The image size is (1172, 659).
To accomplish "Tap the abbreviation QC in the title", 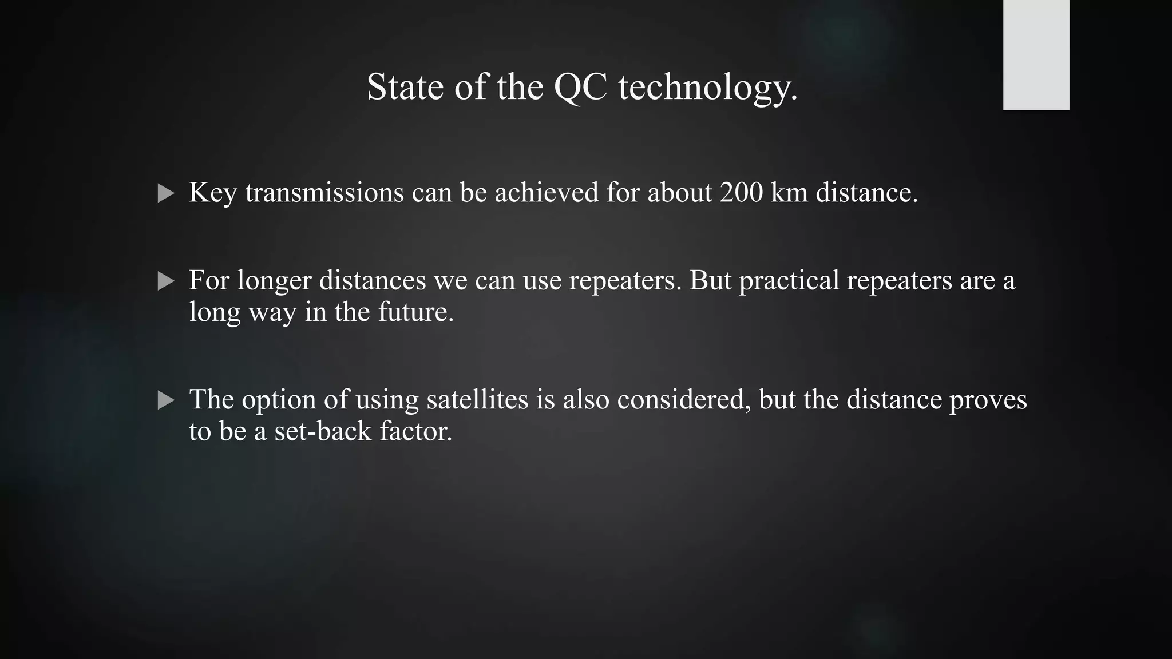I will [x=580, y=88].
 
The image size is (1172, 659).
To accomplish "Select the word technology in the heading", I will [x=707, y=89].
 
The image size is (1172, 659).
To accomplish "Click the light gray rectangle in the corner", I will [x=1036, y=55].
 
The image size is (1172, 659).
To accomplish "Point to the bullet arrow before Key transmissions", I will [x=165, y=193].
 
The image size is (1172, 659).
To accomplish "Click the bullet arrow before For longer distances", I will [x=165, y=281].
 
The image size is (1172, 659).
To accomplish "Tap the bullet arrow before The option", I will [x=165, y=400].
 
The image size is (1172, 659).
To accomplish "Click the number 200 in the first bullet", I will [x=741, y=192].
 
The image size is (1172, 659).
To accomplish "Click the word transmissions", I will [x=324, y=192].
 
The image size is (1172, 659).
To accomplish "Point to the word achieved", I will [x=547, y=192].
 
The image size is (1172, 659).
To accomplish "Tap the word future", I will [x=415, y=312].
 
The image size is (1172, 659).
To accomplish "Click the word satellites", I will [x=477, y=399].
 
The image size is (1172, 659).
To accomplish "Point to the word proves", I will [x=988, y=400].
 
